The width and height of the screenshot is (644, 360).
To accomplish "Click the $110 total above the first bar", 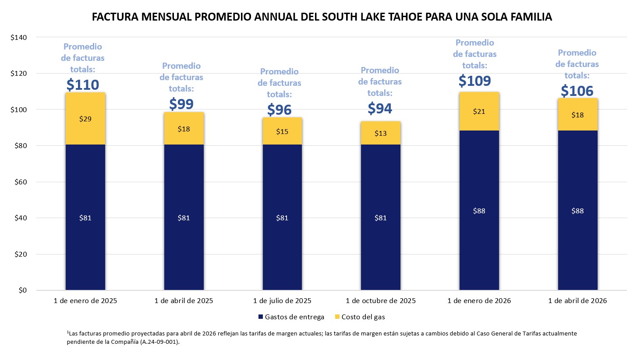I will tap(83, 85).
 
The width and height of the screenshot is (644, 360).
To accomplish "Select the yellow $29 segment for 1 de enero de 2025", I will tap(85, 119).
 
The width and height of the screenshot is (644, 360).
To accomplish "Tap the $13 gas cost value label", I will tap(381, 133).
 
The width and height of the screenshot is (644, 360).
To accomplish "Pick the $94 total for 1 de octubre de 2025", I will tap(380, 108).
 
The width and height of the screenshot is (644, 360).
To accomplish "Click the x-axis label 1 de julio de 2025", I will tap(282, 301).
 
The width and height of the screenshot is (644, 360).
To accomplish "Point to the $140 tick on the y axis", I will tap(19, 38).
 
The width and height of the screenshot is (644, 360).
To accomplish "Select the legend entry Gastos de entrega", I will tap(291, 317).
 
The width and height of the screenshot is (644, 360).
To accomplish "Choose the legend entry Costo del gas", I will tap(360, 317).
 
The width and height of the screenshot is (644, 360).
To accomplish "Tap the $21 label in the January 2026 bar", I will tap(479, 112).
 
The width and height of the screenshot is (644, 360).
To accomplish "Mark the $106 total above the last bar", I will tap(577, 91).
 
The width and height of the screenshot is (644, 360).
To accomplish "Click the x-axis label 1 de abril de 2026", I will tap(577, 301).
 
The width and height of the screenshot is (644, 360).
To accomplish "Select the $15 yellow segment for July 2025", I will tap(282, 131).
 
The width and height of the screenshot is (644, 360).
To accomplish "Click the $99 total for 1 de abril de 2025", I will tap(181, 104).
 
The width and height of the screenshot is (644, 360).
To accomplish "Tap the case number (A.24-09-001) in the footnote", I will tap(160, 342).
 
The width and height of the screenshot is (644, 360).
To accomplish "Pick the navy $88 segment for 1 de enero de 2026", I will tap(479, 211).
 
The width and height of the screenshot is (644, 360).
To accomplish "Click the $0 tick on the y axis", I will tap(22, 290).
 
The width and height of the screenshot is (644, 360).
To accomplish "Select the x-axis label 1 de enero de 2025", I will tap(85, 301).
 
